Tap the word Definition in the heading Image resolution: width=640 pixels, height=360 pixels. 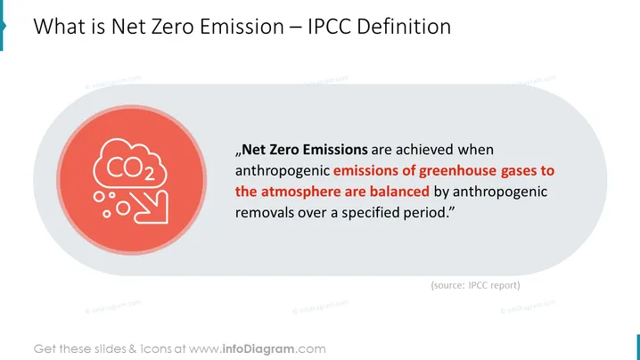coord(404,27)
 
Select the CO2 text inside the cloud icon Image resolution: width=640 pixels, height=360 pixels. coord(131,168)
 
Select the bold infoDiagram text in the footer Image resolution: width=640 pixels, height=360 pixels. coord(258,349)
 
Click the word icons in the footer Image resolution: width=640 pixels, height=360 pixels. coord(156,349)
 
